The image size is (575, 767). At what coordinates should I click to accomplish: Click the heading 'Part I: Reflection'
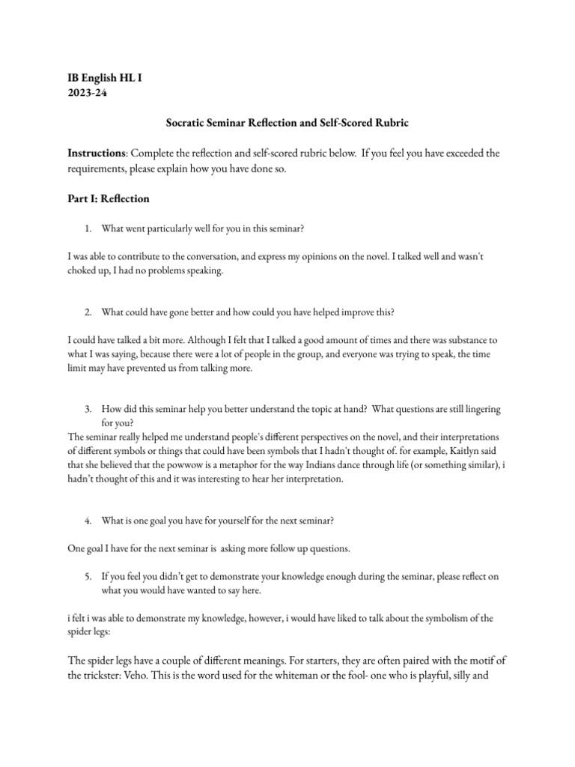(109, 198)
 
